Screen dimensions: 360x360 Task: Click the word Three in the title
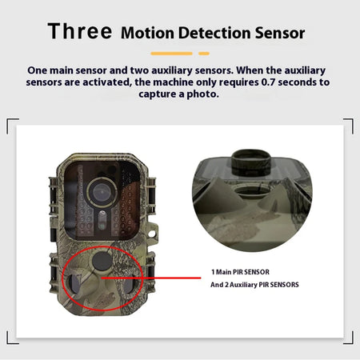tap(80, 32)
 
